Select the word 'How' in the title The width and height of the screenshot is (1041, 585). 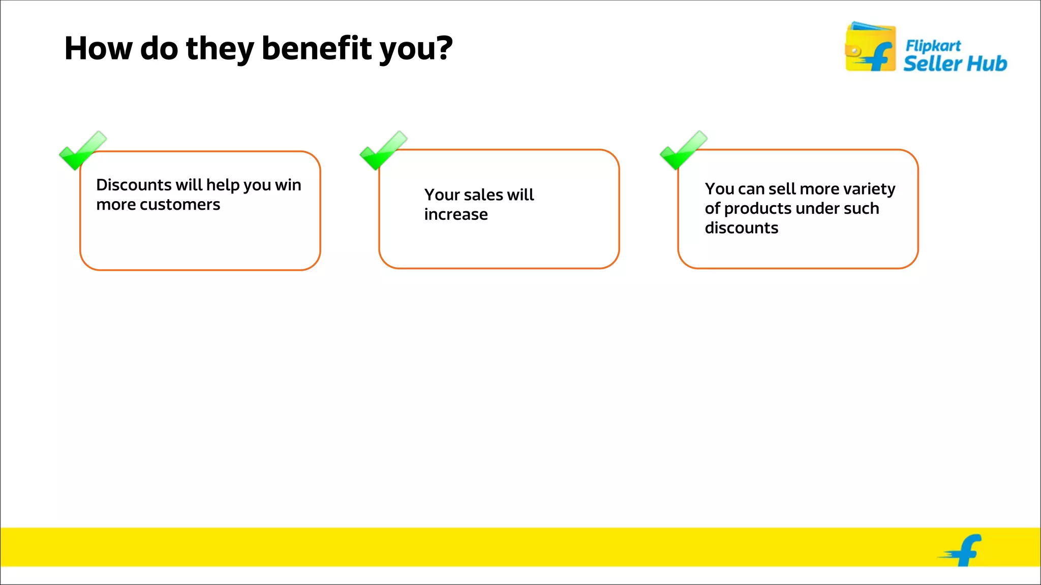(x=98, y=48)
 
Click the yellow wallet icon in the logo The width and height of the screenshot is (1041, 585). (x=870, y=47)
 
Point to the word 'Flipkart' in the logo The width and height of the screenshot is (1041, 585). (x=933, y=46)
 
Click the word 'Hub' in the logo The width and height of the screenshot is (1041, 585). (x=986, y=64)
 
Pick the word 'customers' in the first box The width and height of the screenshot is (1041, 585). (x=179, y=205)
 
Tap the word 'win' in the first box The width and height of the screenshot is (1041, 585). (x=288, y=185)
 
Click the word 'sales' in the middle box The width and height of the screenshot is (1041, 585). (x=483, y=195)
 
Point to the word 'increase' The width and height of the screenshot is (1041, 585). (x=456, y=215)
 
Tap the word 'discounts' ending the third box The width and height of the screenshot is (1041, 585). (x=741, y=228)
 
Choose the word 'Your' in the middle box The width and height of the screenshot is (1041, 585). (x=442, y=195)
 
